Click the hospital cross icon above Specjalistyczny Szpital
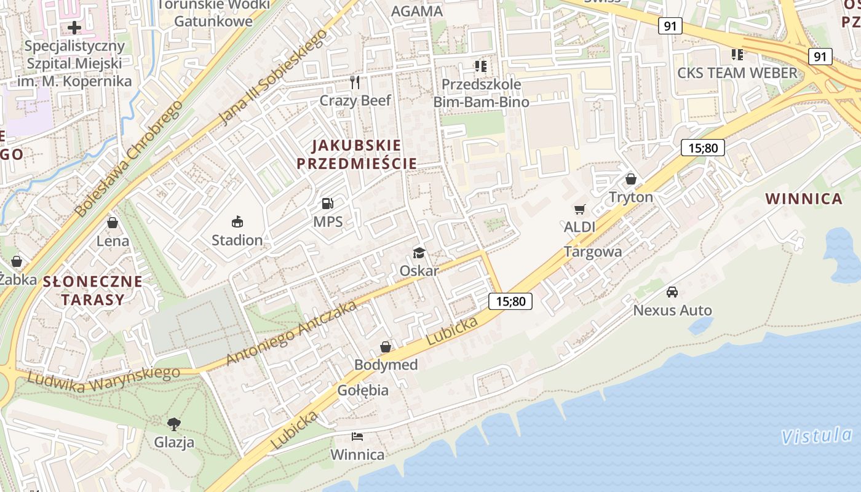pos(74,28)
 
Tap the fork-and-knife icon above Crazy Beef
pos(354,82)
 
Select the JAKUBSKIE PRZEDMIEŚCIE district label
pos(357,154)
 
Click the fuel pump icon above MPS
pos(328,204)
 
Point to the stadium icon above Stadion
pos(237,221)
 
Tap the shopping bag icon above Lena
pos(113,223)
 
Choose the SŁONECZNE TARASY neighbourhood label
pos(92,291)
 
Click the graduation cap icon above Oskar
pos(419,253)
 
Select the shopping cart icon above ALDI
pos(579,210)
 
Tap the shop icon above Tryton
pos(630,180)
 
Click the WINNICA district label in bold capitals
pos(804,199)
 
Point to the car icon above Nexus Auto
pos(672,292)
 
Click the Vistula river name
pos(817,437)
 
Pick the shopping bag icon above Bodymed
pos(386,347)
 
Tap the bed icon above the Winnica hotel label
pos(357,437)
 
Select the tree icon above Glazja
pos(174,424)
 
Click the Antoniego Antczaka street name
pos(292,333)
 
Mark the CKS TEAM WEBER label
pos(737,73)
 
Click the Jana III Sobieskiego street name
pos(273,76)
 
